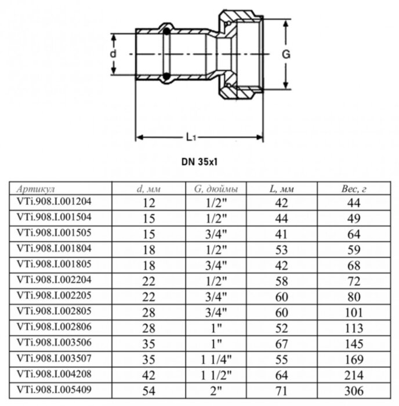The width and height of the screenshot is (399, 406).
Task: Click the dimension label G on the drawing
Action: click(x=285, y=54)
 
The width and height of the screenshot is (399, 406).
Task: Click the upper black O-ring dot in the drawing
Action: click(x=166, y=31)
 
